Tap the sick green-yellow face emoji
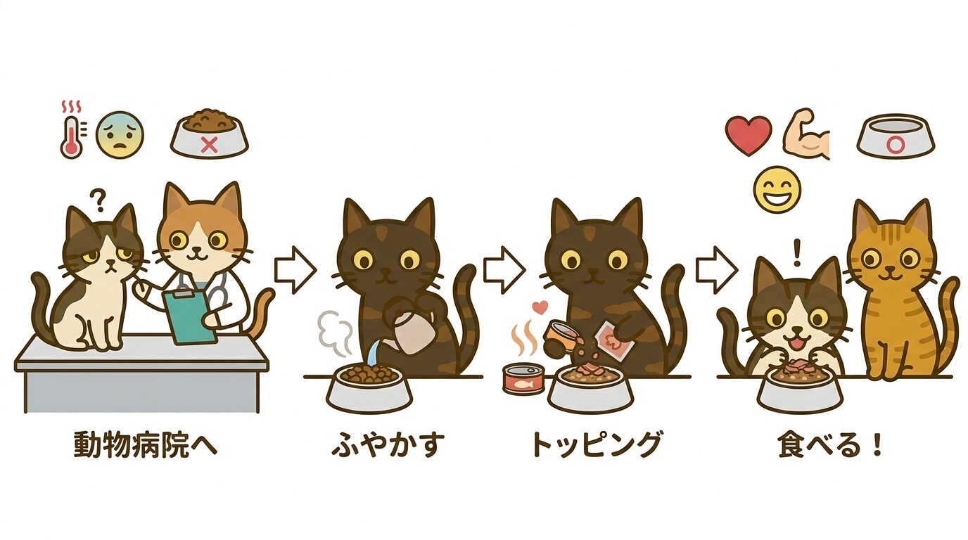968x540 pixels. point(120,134)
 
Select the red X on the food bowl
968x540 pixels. point(208,145)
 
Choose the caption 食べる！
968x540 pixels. point(830,445)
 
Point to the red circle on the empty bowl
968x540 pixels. point(896,145)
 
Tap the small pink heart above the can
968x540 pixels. point(541,307)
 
